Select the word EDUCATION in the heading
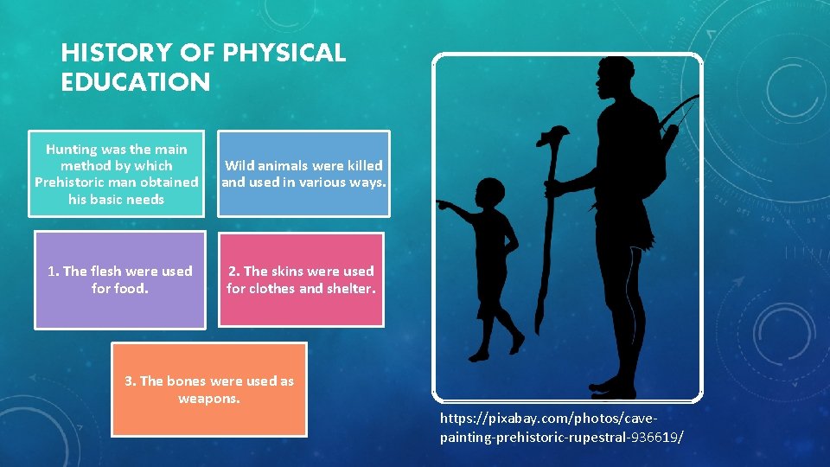pos(136,83)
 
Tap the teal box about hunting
pos(116,174)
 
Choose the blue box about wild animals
pos(303,174)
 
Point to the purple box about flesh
pos(120,279)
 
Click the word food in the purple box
pos(131,288)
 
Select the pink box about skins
pos(301,279)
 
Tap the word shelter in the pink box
pos(348,288)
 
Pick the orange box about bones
pos(209,389)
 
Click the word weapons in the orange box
pos(209,399)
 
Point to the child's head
pos(491,191)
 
